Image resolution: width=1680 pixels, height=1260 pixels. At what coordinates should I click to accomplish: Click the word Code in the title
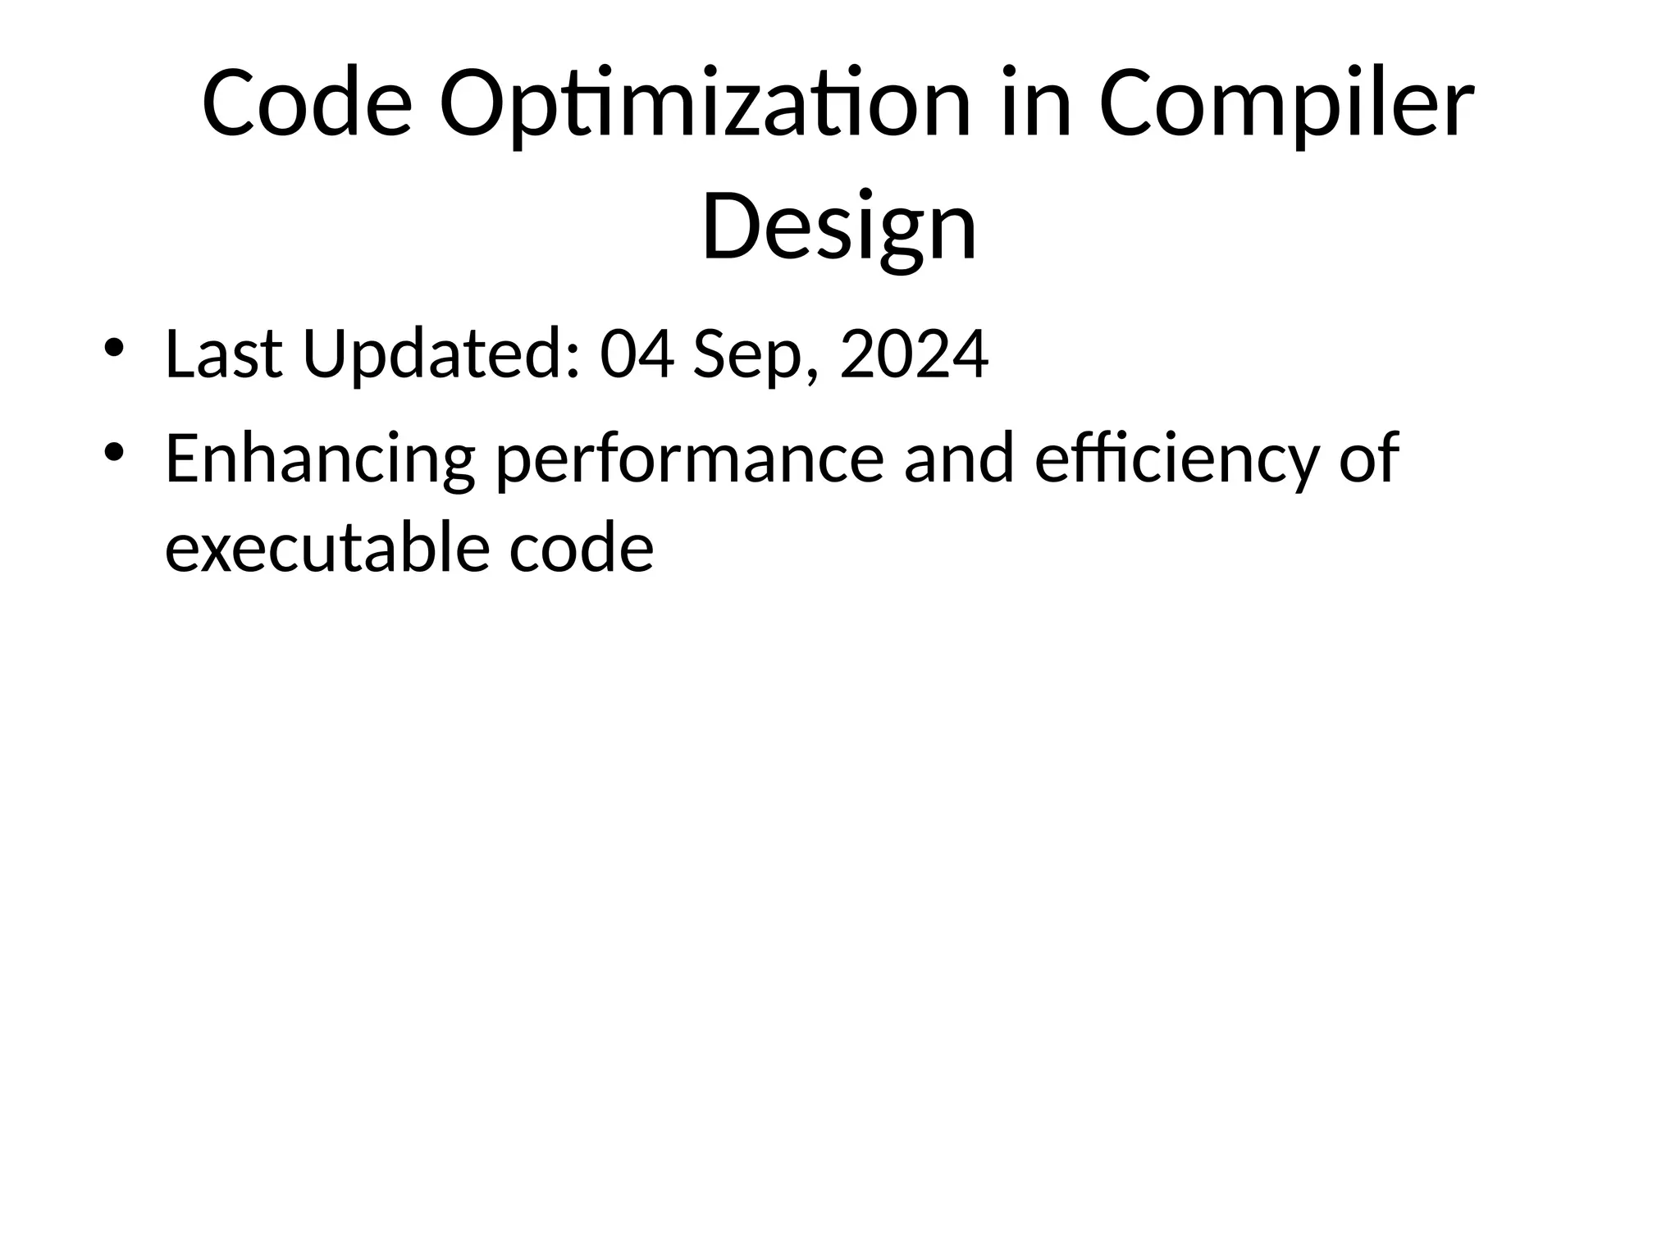[307, 104]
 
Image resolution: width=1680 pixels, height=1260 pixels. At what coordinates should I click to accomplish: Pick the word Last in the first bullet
[223, 354]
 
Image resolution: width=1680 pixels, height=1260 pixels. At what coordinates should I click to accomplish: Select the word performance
[690, 460]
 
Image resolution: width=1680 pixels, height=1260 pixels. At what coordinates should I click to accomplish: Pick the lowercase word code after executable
[581, 547]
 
